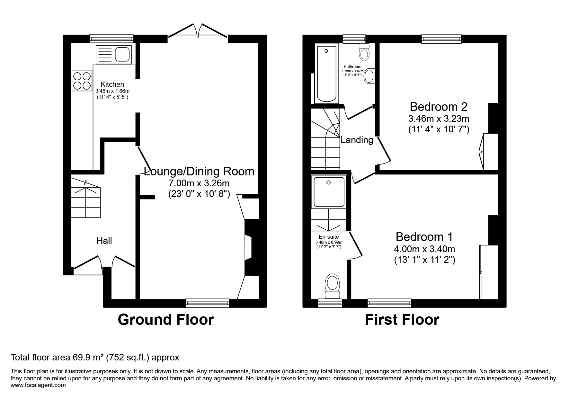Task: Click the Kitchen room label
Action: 112,84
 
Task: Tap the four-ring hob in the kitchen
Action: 82,81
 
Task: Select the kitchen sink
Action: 114,54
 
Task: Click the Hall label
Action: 104,241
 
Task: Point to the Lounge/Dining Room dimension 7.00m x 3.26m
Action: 199,183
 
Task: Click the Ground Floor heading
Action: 166,320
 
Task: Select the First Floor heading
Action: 402,320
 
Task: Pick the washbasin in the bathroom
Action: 370,76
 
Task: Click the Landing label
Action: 357,140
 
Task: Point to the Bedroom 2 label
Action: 439,106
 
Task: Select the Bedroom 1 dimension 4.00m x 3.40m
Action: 424,249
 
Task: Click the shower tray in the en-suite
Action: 329,191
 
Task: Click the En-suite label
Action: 329,237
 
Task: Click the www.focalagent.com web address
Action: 38,385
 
